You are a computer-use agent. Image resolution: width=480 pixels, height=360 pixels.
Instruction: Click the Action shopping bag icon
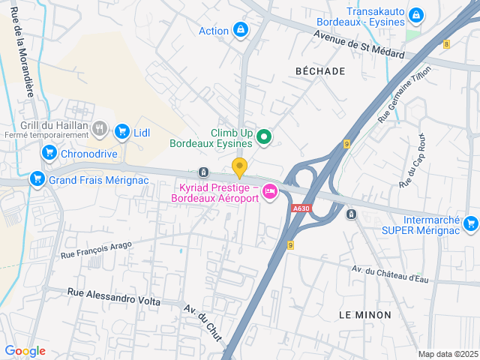pos(240,30)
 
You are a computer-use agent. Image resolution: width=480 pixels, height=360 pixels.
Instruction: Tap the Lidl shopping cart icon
pos(122,133)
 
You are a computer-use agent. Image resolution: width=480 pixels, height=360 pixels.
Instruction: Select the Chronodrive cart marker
pos(49,153)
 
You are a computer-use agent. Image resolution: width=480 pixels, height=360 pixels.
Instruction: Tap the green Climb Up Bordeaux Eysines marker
pos(263,136)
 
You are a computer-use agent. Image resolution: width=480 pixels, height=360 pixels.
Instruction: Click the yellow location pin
pos(239,167)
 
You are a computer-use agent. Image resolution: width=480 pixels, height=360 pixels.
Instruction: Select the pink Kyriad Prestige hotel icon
pos(270,193)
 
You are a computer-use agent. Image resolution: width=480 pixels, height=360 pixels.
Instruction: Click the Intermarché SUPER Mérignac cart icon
pos(470,223)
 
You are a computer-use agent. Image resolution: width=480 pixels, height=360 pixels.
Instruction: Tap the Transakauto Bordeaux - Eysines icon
pos(415,15)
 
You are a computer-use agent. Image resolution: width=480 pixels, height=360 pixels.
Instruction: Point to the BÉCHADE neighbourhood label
pos(320,71)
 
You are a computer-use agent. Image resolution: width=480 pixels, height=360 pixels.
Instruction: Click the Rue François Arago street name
pos(96,250)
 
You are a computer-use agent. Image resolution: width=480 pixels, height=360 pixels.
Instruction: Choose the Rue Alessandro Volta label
pos(114,296)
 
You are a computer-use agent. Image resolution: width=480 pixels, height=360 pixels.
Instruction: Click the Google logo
pos(25,351)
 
